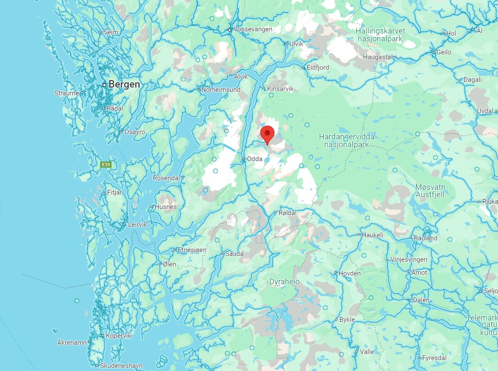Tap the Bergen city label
(124, 84)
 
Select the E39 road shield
(105, 165)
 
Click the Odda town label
(254, 159)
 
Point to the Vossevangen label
(253, 29)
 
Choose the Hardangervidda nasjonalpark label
(346, 140)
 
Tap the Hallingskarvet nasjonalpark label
(380, 34)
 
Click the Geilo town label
(444, 52)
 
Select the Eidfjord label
(318, 67)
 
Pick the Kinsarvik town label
(280, 89)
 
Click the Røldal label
(287, 213)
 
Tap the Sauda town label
(234, 254)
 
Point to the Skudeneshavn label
(121, 366)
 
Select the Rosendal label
(166, 178)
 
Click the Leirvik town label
(138, 225)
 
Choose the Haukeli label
(373, 235)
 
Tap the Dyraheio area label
(285, 282)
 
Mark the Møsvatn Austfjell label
(430, 191)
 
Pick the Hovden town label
(349, 273)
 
